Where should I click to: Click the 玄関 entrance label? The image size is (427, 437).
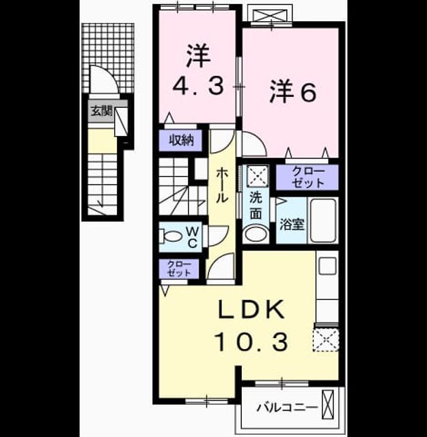102,111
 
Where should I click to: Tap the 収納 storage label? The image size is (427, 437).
181,140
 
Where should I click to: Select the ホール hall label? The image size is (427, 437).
222,185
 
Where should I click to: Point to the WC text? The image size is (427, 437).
193,237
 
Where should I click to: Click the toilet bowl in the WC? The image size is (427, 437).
170,236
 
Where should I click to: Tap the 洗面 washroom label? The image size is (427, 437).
256,206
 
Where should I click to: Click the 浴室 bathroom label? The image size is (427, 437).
292,224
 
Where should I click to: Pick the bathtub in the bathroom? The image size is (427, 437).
323,221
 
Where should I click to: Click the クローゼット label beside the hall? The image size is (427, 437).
179,268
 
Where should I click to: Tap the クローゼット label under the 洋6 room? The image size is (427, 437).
308,178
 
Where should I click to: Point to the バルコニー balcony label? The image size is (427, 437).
287,408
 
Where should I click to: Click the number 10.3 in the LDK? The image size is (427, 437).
251,342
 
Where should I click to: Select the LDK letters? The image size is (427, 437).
251,309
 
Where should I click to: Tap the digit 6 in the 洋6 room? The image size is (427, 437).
306,93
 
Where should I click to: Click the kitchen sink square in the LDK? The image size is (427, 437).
327,266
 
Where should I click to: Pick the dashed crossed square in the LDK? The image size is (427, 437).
326,340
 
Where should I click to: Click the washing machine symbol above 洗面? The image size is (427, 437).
258,175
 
